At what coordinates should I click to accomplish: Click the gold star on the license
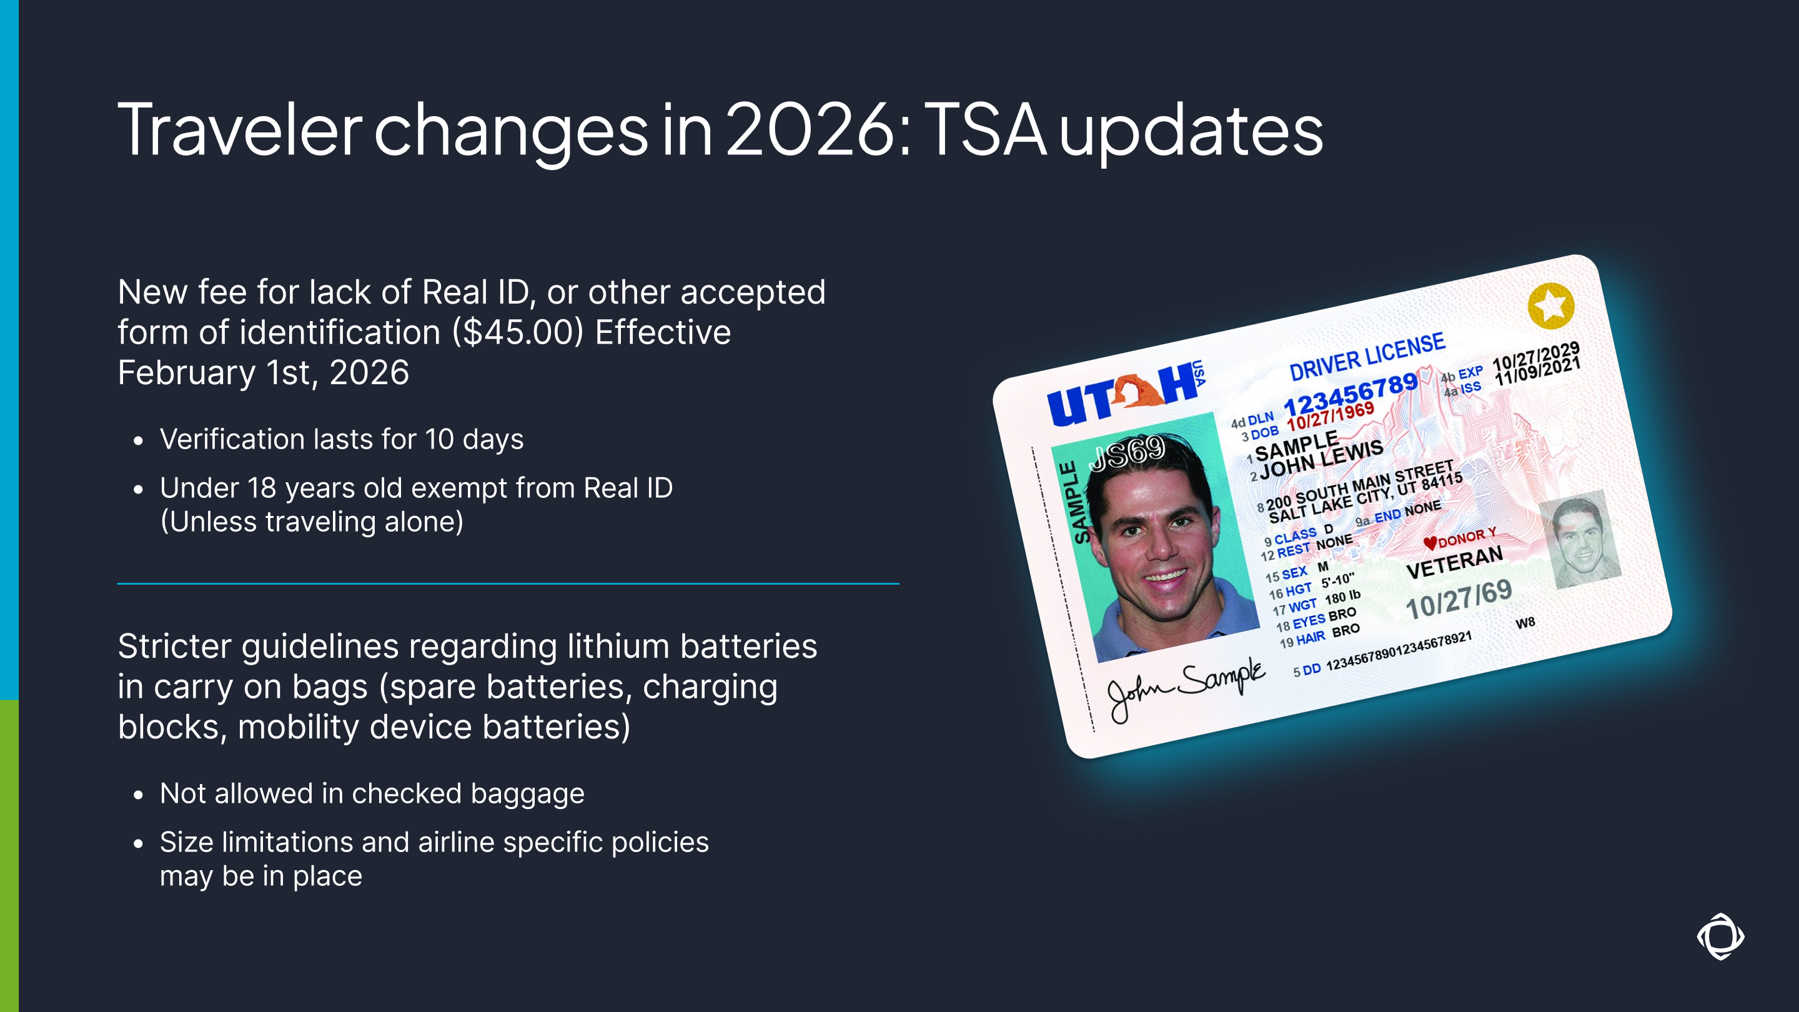[1550, 305]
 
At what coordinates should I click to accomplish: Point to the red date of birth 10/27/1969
[1331, 417]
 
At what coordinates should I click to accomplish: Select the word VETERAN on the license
[1454, 562]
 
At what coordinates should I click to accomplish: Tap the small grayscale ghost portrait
[1580, 540]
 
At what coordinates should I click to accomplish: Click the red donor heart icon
[1430, 543]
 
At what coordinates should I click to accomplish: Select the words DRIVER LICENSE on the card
[1367, 357]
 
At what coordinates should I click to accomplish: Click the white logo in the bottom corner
[1720, 936]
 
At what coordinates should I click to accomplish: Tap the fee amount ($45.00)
[517, 332]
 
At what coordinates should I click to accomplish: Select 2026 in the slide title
[810, 129]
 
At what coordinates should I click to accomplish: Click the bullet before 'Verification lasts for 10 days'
[138, 440]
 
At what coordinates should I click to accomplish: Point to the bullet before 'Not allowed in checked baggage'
[138, 795]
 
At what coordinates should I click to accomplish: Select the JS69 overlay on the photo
[1126, 452]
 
